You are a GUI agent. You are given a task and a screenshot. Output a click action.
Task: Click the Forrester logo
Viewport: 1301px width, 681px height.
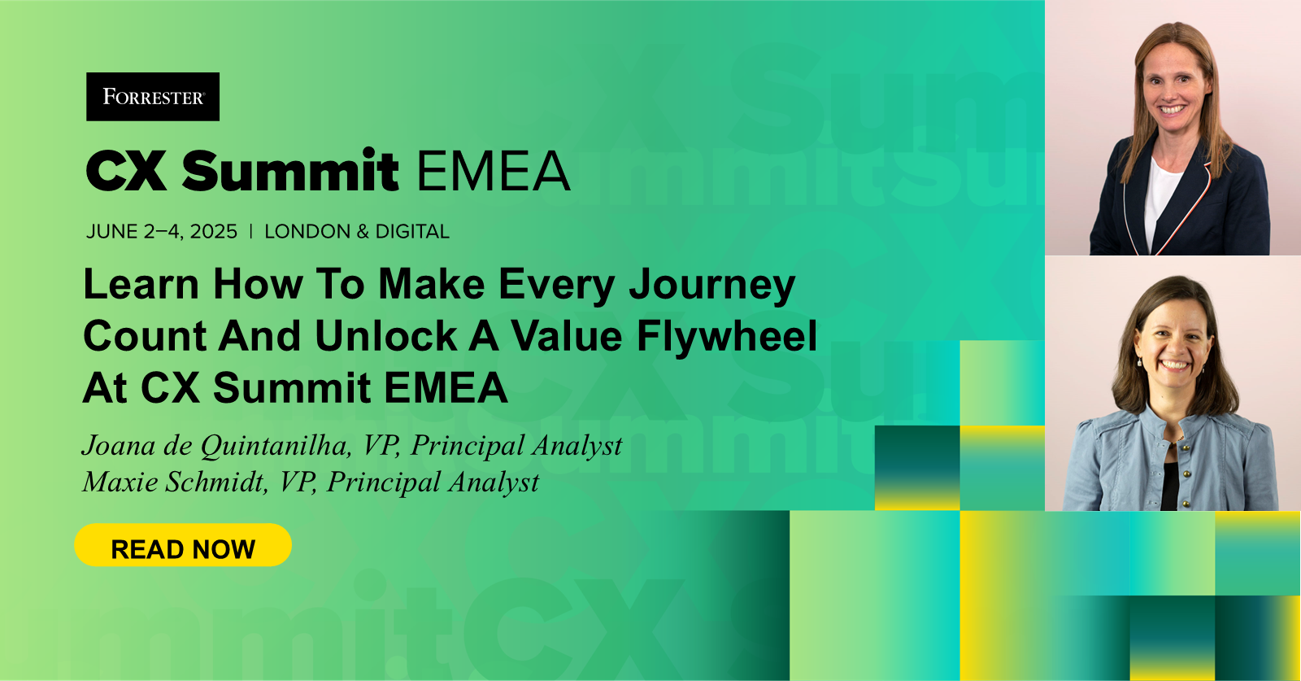153,97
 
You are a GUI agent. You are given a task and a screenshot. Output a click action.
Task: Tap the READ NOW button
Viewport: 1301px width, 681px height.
183,548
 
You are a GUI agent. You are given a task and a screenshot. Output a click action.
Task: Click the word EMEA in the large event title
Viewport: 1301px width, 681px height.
493,172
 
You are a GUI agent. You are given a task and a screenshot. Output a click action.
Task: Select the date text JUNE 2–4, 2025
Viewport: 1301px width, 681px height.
162,232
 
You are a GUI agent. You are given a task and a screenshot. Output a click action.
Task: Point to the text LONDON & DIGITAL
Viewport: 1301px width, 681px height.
357,232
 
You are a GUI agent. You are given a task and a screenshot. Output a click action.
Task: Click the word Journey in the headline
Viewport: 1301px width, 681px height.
712,286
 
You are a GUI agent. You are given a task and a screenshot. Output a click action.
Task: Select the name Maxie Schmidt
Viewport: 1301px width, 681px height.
175,482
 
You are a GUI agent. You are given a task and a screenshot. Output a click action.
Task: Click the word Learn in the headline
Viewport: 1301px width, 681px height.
141,285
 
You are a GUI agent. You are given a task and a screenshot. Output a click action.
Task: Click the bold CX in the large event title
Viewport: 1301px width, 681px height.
126,172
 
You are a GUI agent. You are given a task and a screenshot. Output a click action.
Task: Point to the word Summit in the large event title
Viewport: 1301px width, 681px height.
290,172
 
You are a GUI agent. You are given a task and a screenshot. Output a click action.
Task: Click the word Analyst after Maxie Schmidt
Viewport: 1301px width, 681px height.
494,482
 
